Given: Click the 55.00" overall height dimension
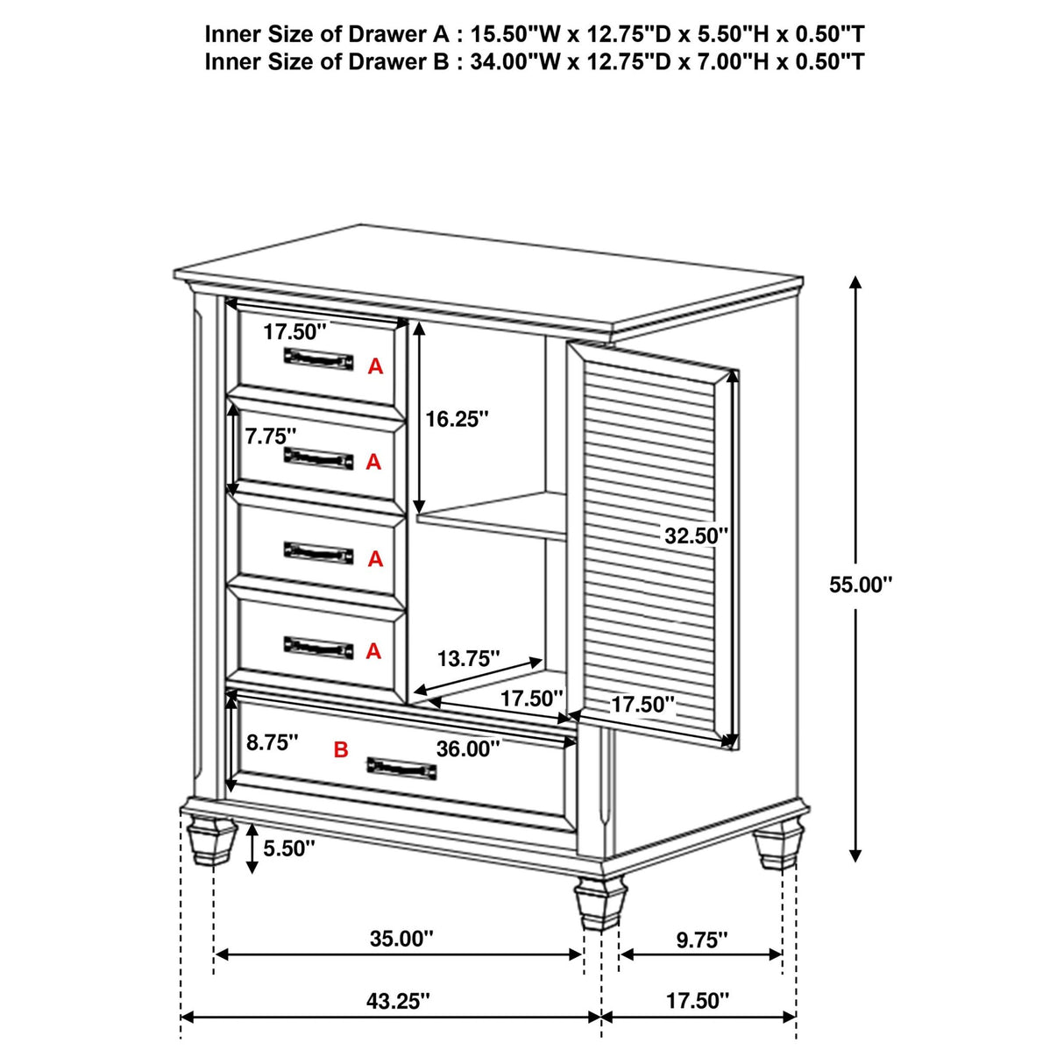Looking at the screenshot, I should [860, 585].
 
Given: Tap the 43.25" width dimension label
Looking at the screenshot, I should [398, 1001].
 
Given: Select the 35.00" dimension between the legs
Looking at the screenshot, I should [401, 939].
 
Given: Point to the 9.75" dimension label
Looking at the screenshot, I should [701, 940].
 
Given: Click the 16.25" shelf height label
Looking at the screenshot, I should [457, 419].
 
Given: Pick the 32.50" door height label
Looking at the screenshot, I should [696, 535].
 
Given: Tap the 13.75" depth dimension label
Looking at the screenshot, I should [469, 658].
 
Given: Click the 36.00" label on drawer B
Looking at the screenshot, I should [468, 748].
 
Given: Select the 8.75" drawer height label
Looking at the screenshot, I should [272, 742].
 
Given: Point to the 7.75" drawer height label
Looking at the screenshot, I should [271, 436].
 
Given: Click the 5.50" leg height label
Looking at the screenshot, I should [289, 848].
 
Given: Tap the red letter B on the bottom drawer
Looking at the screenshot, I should [341, 749].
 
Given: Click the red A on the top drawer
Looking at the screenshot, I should [375, 366].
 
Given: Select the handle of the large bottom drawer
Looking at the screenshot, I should [401, 767].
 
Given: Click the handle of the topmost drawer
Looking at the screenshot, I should [317, 358].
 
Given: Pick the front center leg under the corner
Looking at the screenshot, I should [600, 903].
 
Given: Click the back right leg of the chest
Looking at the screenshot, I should [777, 844].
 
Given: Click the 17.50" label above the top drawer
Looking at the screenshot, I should [294, 331].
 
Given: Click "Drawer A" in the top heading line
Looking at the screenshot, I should [394, 34].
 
